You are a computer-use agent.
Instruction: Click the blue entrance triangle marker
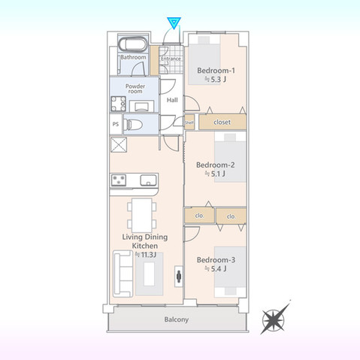pos(174,22)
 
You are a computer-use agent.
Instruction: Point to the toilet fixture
pos(134,124)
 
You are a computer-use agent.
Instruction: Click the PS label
pos(116,125)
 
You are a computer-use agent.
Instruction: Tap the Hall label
pos(172,100)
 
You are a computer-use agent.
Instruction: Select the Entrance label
pos(171,59)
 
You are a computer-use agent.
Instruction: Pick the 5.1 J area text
pos(215,174)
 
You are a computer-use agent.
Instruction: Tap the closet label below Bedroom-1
pos(222,121)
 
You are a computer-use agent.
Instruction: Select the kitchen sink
pos(147,180)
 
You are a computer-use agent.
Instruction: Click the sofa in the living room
pos(122,275)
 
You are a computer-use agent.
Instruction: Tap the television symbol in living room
pos(178,275)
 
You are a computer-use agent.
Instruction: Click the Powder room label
pos(135,89)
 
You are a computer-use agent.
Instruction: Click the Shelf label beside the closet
pos(189,122)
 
